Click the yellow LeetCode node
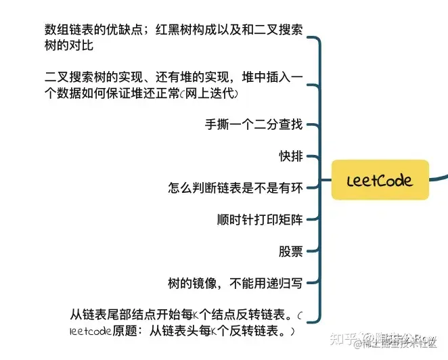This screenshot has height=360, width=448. click(380, 180)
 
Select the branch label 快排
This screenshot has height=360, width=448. click(291, 156)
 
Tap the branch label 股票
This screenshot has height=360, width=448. click(291, 252)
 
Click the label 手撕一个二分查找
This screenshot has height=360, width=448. click(254, 125)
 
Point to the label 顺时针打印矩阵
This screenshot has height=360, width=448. click(259, 220)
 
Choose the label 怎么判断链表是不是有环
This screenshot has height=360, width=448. click(235, 188)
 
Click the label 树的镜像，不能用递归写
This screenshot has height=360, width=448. click(235, 284)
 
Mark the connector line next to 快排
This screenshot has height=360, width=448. click(310, 156)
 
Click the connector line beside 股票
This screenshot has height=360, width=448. click(310, 252)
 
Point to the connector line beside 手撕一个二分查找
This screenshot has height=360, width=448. click(310, 125)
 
